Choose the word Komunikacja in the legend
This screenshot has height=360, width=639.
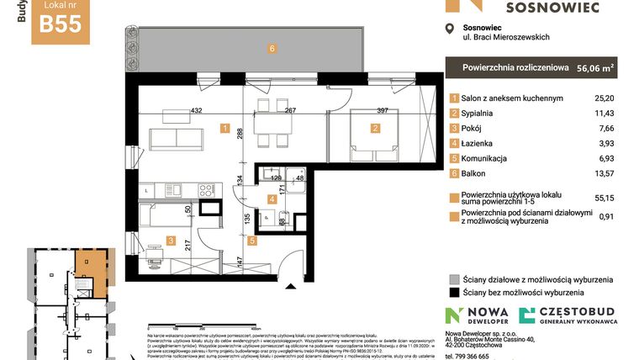(x=488, y=159)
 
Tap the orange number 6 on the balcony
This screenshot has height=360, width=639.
(x=272, y=49)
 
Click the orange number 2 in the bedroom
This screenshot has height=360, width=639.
(x=375, y=129)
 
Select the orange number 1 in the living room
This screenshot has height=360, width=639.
(x=225, y=129)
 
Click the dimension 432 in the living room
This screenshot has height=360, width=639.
(x=198, y=110)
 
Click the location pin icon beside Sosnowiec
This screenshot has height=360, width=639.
(x=448, y=30)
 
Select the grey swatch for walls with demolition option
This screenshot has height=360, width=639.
(x=454, y=279)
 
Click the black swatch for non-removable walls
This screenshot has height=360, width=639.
(x=454, y=293)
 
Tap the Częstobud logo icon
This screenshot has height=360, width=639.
(x=527, y=316)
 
